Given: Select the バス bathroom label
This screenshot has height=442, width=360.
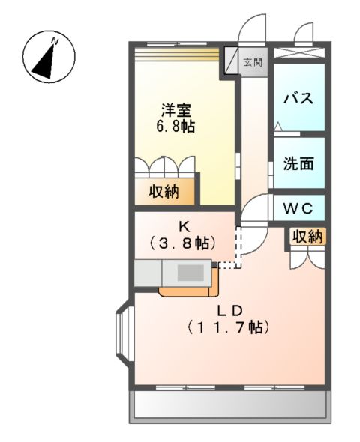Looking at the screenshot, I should [297, 98].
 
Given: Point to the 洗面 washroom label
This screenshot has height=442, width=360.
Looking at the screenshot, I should [298, 164].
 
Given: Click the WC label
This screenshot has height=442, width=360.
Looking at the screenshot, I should [298, 206].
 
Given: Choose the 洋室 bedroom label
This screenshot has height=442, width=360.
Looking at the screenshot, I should [175, 109].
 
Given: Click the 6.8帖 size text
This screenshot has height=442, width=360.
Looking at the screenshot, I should [175, 127].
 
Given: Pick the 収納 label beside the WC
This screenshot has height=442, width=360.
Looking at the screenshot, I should [307, 237].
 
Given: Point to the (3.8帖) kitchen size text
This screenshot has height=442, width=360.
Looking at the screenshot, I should [183, 243].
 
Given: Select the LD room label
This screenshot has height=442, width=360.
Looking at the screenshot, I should [229, 309].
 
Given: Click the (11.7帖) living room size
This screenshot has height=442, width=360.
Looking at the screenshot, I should [229, 327].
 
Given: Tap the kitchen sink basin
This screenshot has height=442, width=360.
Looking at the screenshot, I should [193, 272].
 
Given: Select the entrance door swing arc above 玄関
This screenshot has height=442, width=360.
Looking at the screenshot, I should [250, 31].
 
